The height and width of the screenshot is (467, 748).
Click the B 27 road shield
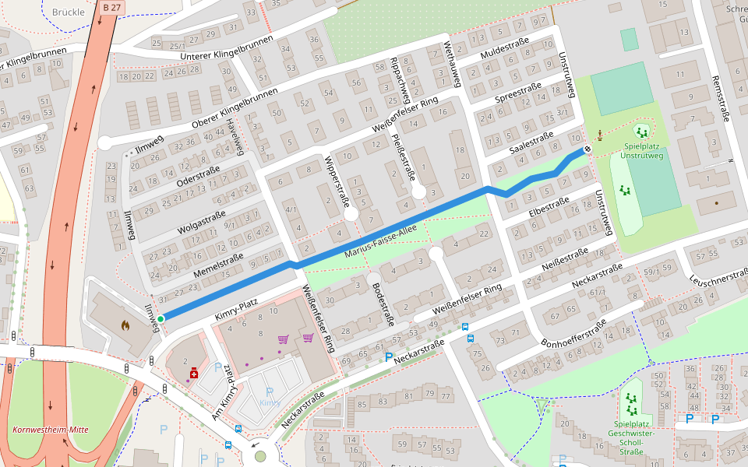111,7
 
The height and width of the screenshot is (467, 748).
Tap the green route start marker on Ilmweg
161,319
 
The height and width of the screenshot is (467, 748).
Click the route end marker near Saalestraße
588,149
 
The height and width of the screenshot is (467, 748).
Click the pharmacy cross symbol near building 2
192,374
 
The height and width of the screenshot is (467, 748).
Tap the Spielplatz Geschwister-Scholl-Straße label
631,437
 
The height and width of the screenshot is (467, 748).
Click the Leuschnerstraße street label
718,279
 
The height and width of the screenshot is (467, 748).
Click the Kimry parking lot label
270,402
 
